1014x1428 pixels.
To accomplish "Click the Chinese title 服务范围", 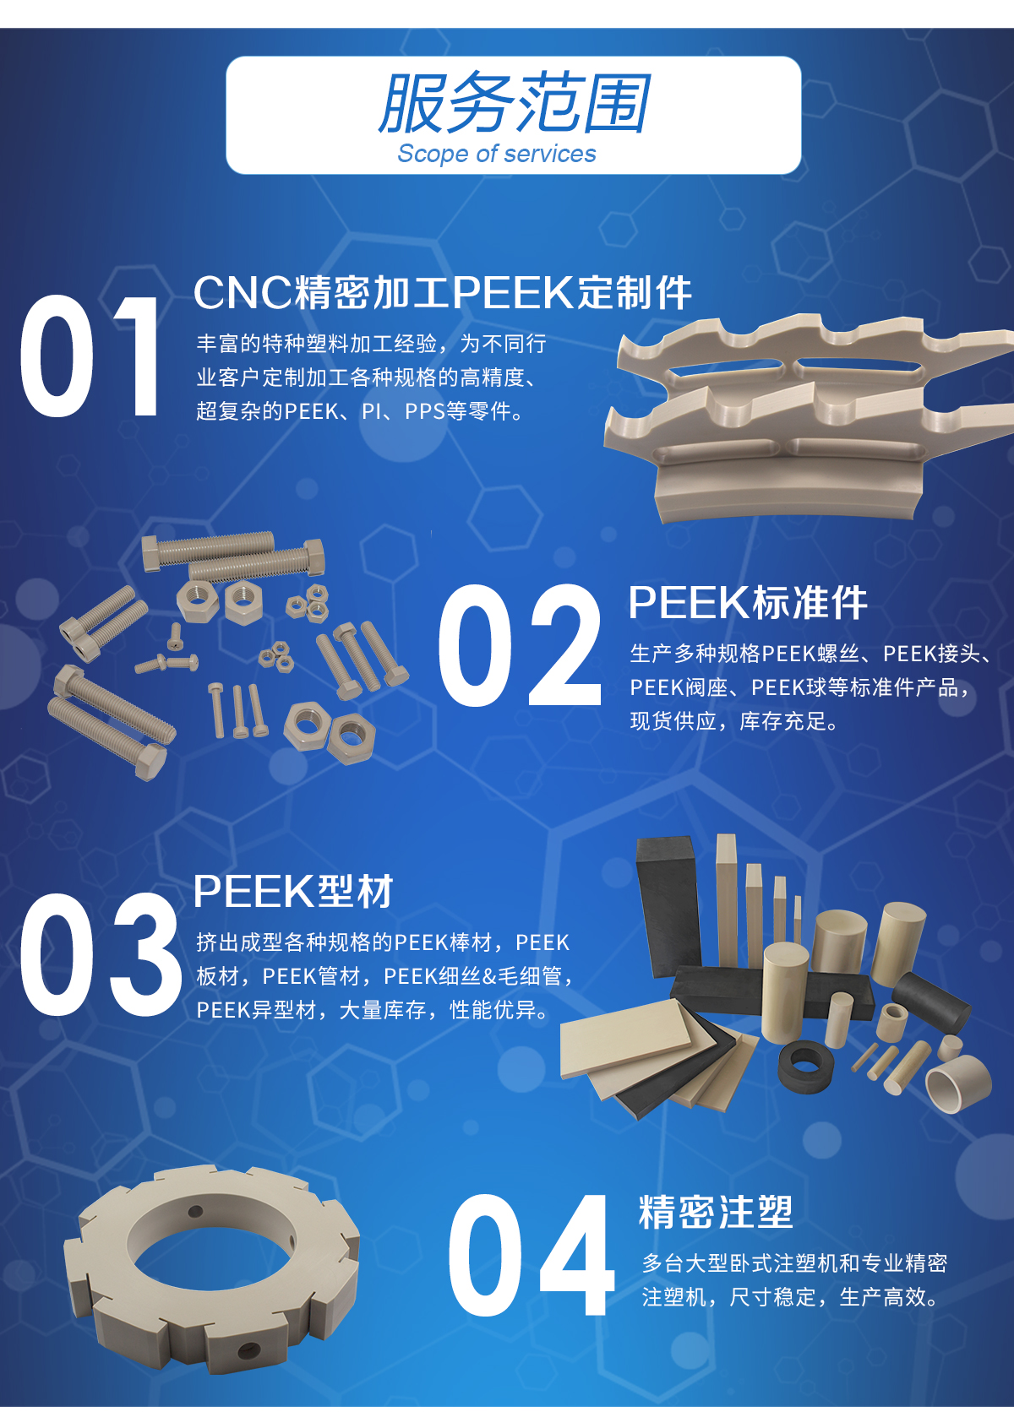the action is click(x=514, y=103).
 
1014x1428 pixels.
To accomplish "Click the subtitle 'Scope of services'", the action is click(x=496, y=154).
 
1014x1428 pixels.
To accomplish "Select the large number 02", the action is click(x=520, y=644).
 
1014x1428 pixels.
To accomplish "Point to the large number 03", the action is click(x=100, y=953).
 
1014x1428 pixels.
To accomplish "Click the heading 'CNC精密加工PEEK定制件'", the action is click(x=443, y=293).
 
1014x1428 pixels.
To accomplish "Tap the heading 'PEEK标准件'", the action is click(x=748, y=602).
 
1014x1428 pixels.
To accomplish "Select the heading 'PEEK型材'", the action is click(x=293, y=891).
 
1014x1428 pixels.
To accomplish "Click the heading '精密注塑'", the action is click(x=717, y=1212).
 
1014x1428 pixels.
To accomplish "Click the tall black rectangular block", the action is click(x=668, y=906).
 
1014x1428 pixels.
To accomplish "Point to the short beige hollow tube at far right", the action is click(x=957, y=1083).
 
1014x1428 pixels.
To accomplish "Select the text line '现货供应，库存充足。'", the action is click(x=734, y=721).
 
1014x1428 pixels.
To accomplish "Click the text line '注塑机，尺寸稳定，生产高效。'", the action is click(x=790, y=1297).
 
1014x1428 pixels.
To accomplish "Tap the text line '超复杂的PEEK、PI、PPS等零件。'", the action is click(x=360, y=411).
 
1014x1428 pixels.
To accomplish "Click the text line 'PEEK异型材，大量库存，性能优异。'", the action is click(x=373, y=1010).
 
